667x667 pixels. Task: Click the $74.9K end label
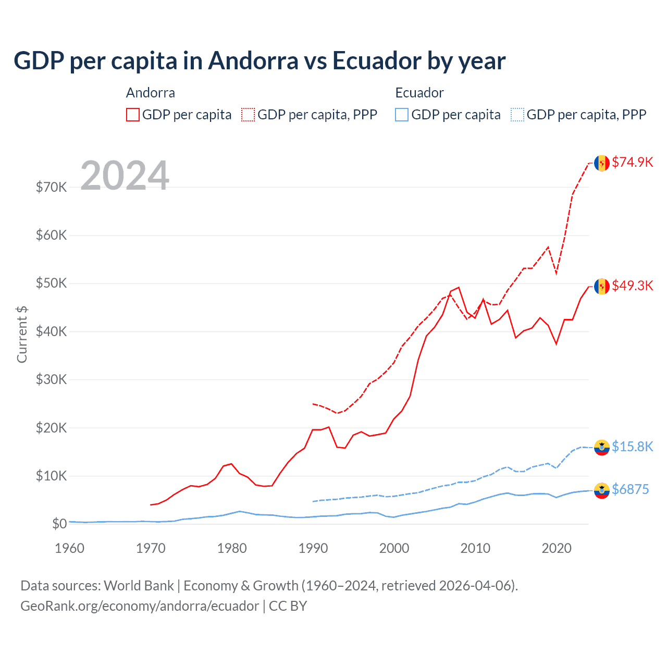(632, 162)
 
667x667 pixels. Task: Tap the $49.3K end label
(632, 286)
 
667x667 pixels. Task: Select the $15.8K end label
(632, 447)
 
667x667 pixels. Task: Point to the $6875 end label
(630, 489)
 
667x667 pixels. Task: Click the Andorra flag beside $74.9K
(602, 163)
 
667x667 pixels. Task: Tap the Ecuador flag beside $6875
(602, 490)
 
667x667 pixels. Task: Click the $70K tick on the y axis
(51, 187)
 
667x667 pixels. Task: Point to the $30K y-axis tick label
(51, 379)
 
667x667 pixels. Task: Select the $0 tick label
(59, 524)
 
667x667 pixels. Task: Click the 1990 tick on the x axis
(313, 548)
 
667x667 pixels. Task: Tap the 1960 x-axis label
(69, 548)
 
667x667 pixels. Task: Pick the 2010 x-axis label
(475, 548)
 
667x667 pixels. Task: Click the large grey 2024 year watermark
(125, 176)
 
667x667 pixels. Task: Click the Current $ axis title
(22, 334)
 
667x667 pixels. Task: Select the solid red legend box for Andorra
(133, 115)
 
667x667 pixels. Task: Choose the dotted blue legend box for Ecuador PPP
(517, 115)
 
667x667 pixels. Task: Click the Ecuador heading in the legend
(419, 93)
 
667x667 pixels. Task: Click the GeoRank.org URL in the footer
(140, 606)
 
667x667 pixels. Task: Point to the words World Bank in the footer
(139, 586)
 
